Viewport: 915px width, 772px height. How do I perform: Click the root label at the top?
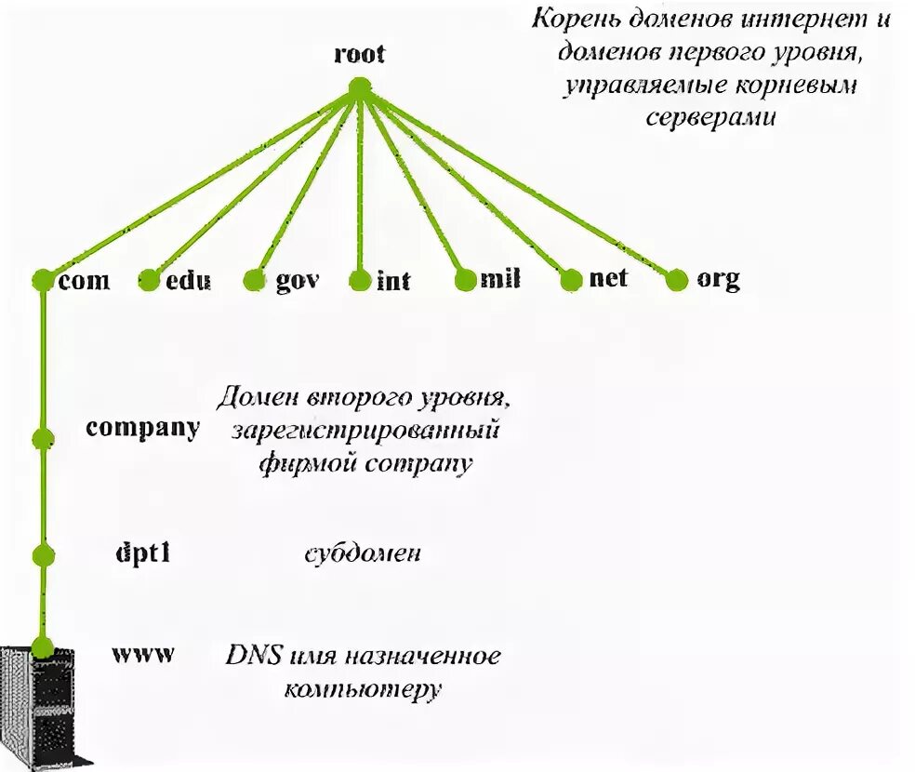coord(359,54)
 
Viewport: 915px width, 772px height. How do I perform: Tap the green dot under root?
coord(359,87)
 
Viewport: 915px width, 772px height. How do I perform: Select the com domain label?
coord(83,280)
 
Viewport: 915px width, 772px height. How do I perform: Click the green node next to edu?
coord(148,280)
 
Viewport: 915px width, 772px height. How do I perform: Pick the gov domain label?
coord(298,280)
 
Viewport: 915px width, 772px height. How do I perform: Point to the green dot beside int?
coord(360,280)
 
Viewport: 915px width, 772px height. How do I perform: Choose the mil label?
coord(500,280)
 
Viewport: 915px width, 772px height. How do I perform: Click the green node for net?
coord(571,279)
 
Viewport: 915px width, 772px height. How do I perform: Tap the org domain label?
coord(718,279)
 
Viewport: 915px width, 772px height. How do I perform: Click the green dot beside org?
coord(677,279)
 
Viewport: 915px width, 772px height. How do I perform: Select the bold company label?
coord(142,429)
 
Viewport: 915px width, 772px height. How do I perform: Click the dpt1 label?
coord(141,554)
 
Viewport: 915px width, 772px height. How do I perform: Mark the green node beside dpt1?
coord(42,556)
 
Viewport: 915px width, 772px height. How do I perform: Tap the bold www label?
coord(142,653)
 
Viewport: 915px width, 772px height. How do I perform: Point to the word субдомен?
coord(363,554)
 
